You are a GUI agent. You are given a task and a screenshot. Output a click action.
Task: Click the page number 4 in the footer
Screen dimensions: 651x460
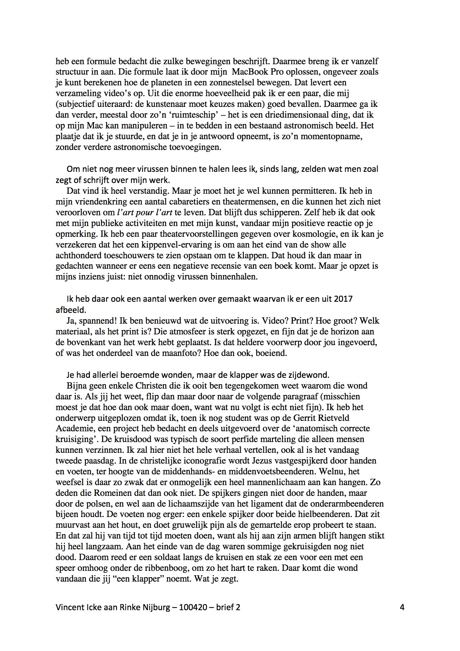tap(402, 608)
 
